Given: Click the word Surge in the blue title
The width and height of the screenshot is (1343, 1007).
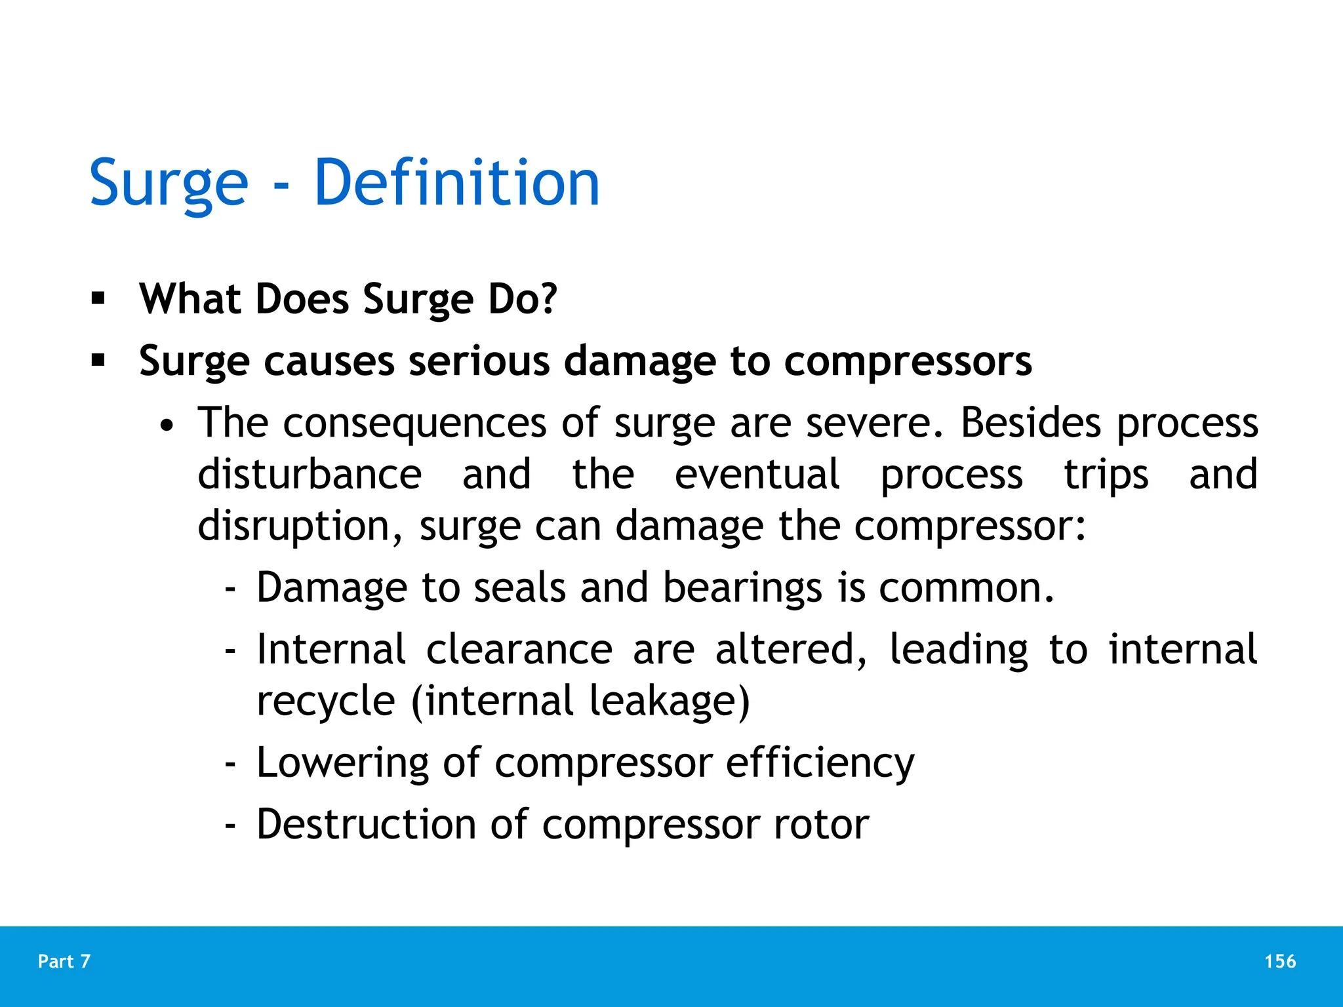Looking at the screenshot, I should point(169,184).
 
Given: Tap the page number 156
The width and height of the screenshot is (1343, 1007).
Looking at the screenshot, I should point(1280,961).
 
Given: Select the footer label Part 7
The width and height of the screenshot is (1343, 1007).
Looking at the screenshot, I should point(64,961).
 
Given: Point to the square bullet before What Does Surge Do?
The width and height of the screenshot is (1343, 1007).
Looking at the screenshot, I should point(98,299).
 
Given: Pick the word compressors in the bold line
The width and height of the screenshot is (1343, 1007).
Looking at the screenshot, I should point(908,362).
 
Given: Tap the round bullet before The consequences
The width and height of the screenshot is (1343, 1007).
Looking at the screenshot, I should point(168,426).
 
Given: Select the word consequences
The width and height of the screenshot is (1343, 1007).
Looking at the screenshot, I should point(414,424).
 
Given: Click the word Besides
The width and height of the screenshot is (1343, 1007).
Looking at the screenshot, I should point(1031,422).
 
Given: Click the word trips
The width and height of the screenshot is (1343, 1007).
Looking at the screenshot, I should point(1106,476).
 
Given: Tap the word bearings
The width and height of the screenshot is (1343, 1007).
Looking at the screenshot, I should point(742,588).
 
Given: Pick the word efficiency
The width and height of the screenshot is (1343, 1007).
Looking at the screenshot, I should point(820,763).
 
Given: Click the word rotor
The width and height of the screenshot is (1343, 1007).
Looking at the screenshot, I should point(821,824).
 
